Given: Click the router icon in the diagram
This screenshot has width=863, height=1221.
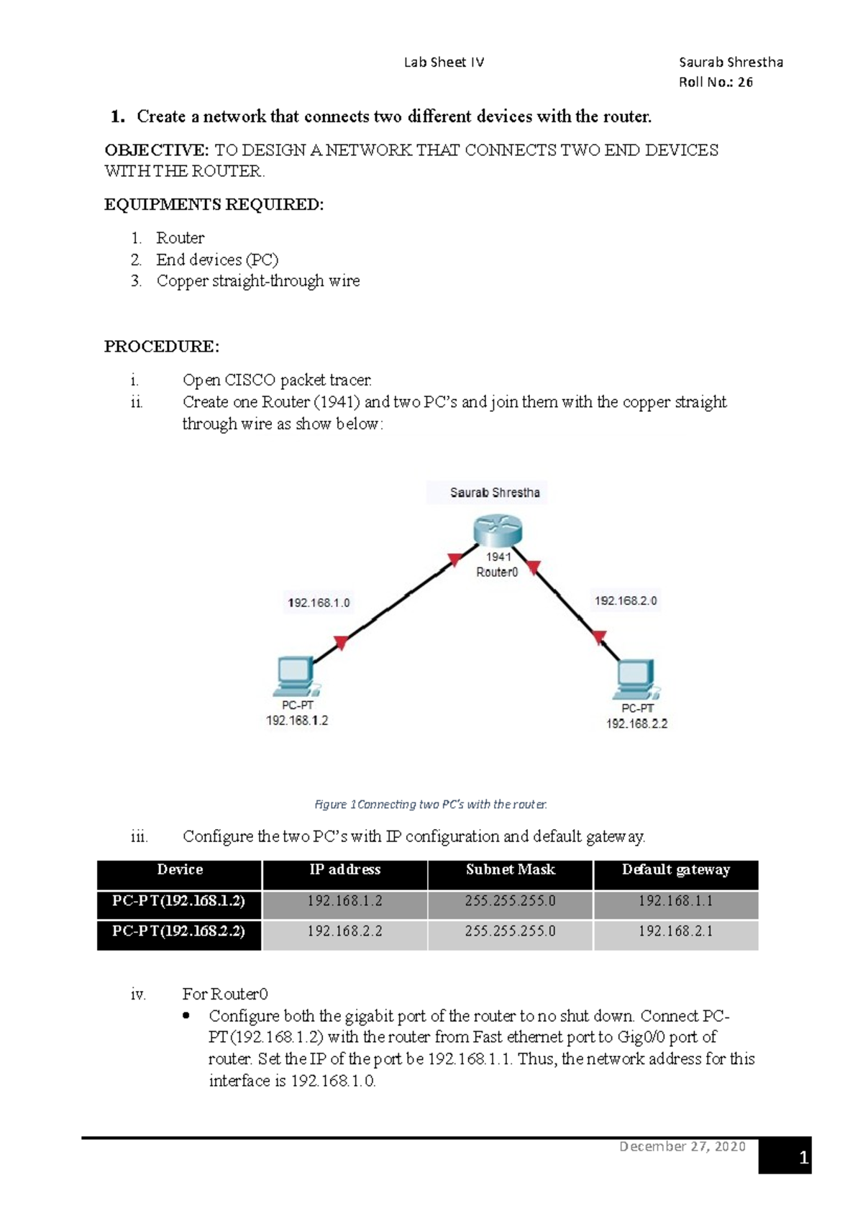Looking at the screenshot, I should coord(497,531).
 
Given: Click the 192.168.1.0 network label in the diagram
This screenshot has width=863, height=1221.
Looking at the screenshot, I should coord(319,603).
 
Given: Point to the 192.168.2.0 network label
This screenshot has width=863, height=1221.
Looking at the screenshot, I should coord(625,600).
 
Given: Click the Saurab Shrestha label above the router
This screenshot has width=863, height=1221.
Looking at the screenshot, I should coord(495,493).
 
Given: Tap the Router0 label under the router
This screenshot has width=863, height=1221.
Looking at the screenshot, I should coord(497,572).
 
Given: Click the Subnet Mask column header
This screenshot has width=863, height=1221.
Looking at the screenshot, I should coord(510,870).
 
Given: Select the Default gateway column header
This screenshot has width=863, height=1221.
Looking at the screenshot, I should coord(675,870).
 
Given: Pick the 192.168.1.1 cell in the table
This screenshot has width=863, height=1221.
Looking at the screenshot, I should coord(675,901).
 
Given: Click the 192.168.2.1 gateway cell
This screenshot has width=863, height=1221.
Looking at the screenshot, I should coord(675,931).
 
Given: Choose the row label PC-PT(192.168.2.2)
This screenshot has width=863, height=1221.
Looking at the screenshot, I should coord(178,931).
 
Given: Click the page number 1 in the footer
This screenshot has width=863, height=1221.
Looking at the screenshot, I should coord(803,1158).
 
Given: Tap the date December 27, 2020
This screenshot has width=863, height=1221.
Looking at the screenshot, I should coord(682,1146).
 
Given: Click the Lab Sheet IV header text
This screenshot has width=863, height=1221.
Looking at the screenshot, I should coord(444,63).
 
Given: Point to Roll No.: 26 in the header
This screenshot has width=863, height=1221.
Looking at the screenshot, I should coord(716,82).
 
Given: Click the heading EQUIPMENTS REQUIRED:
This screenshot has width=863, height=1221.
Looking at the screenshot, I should coord(214,205).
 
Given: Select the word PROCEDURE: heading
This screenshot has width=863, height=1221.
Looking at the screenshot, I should coord(162,347).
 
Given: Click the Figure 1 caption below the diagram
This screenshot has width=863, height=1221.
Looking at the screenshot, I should coord(431,804).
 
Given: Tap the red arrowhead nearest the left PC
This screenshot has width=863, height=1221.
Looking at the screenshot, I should coord(341,642).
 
